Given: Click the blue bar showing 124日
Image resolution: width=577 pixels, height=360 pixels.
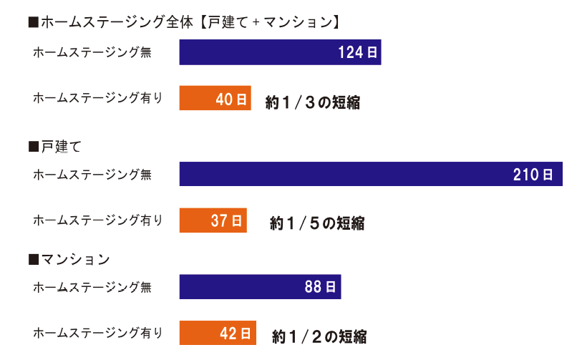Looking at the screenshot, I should [279, 52].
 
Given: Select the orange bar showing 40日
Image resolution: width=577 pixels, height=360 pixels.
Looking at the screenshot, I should [215, 99].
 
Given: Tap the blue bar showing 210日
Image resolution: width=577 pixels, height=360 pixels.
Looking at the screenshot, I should [371, 174].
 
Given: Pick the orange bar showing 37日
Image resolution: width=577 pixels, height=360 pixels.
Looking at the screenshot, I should [213, 220].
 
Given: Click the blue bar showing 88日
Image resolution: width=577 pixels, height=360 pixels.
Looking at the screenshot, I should [259, 287].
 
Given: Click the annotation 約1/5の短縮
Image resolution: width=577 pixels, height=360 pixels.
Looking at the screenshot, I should [317, 223].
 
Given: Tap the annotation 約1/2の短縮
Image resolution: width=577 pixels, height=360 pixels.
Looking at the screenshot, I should [319, 336].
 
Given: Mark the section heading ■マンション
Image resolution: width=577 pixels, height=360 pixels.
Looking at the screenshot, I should [69, 258].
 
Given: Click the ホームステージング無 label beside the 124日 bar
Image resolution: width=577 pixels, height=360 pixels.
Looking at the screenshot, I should [92, 52].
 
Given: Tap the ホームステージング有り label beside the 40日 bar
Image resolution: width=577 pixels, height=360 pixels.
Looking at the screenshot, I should [98, 98].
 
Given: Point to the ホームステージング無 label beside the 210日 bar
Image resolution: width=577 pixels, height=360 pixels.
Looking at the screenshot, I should [92, 174].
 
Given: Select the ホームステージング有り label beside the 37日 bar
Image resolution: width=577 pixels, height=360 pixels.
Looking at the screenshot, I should [98, 220].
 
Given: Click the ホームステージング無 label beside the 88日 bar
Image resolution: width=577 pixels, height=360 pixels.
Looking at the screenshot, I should [92, 287].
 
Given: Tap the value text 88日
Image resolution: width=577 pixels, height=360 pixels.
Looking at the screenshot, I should [320, 287].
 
